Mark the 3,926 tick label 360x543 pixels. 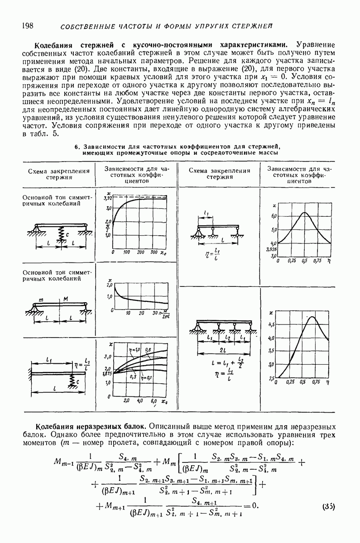pos(271,249)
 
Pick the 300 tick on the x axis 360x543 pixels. pos(154,252)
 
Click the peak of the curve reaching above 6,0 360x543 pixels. pos(304,213)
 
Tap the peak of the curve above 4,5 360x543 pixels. pos(312,317)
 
